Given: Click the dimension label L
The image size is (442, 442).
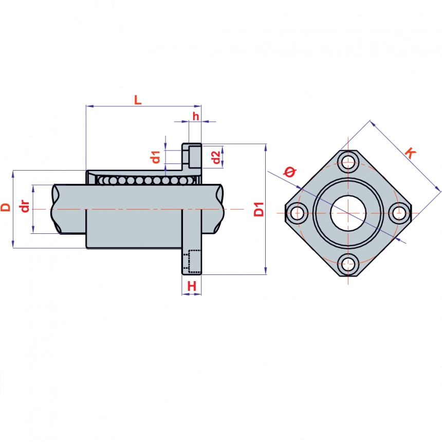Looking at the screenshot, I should [x=137, y=100].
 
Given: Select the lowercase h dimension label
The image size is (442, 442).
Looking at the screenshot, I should [x=195, y=116].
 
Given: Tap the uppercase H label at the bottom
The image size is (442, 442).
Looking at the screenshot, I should [x=192, y=286].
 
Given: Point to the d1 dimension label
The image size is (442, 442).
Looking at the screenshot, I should [x=156, y=157].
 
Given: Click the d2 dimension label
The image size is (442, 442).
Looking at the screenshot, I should [x=216, y=157].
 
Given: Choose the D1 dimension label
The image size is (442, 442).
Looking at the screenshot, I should [x=260, y=210].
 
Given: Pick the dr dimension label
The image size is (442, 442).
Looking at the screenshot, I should [x=23, y=208].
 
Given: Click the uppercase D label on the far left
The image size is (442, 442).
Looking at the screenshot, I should [x=6, y=208].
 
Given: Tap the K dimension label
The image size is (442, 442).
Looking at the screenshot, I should [x=410, y=153].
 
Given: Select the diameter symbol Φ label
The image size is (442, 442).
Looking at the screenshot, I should [x=290, y=173].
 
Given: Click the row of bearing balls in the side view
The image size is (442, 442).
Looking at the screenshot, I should [x=144, y=180].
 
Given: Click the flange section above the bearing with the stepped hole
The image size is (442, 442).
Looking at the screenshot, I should [x=192, y=156].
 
